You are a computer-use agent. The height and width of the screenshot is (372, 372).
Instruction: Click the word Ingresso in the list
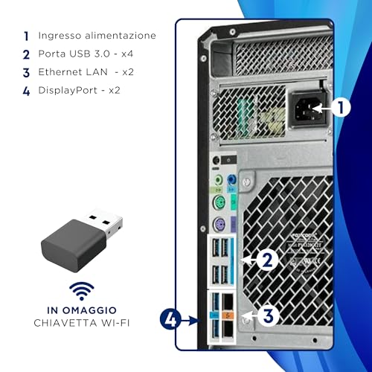click(x=60, y=36)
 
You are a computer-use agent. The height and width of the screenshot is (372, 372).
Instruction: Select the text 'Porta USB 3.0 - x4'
click(x=86, y=54)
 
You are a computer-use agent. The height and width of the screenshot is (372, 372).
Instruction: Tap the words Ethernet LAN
click(x=73, y=72)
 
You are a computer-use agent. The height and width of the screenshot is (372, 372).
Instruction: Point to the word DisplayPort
click(x=68, y=90)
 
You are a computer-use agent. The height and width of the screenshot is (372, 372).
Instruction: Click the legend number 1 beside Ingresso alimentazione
click(x=26, y=36)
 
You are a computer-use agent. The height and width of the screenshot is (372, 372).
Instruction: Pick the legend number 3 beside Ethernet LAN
click(x=26, y=73)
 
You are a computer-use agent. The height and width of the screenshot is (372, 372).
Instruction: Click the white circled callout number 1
click(x=341, y=107)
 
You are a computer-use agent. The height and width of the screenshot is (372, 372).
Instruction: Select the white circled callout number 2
click(x=267, y=260)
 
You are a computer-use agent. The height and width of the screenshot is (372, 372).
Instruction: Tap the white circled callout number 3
click(x=268, y=316)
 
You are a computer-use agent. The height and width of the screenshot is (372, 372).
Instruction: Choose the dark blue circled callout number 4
click(x=170, y=319)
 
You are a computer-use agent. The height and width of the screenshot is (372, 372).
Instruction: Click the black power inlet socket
click(x=308, y=109)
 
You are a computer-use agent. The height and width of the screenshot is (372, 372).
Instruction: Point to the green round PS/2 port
click(x=219, y=202)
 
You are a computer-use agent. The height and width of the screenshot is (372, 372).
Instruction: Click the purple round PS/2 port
click(x=219, y=225)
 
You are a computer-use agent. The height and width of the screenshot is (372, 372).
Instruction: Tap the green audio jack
click(x=218, y=180)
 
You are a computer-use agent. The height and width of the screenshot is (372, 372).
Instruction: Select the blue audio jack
click(x=231, y=179)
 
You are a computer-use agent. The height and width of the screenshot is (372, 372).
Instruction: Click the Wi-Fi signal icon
click(x=82, y=291)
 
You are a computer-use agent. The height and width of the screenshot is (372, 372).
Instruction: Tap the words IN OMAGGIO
click(x=82, y=310)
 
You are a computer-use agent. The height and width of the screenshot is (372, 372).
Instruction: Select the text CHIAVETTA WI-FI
click(x=82, y=323)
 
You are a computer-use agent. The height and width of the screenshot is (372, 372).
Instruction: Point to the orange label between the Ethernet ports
click(x=228, y=315)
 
